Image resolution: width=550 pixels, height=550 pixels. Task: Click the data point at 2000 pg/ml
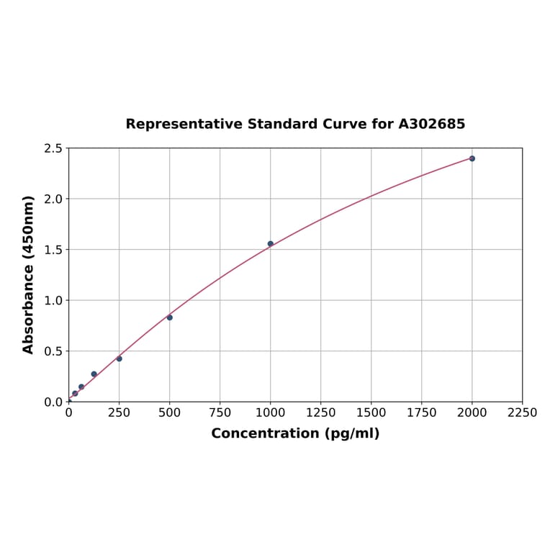472,158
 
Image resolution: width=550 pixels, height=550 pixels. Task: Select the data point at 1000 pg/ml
270,244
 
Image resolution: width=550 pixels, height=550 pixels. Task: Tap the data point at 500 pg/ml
169,317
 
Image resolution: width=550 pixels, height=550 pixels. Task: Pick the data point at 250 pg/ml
119,359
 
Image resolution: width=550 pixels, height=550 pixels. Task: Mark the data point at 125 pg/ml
94,374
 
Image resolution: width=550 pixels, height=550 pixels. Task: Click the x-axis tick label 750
220,412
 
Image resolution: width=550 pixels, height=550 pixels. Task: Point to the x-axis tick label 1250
320,412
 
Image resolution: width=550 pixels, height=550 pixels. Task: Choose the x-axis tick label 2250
522,412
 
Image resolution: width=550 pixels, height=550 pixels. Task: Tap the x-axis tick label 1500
371,412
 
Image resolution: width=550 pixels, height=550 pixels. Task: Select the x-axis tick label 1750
421,412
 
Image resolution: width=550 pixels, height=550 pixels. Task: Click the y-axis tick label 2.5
53,148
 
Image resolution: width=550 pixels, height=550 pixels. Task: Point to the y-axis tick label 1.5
53,250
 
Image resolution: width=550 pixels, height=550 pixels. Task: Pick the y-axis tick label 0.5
53,351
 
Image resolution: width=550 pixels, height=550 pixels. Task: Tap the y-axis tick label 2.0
53,199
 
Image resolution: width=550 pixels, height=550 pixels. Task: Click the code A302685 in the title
431,124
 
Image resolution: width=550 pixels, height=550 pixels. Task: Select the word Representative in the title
184,124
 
